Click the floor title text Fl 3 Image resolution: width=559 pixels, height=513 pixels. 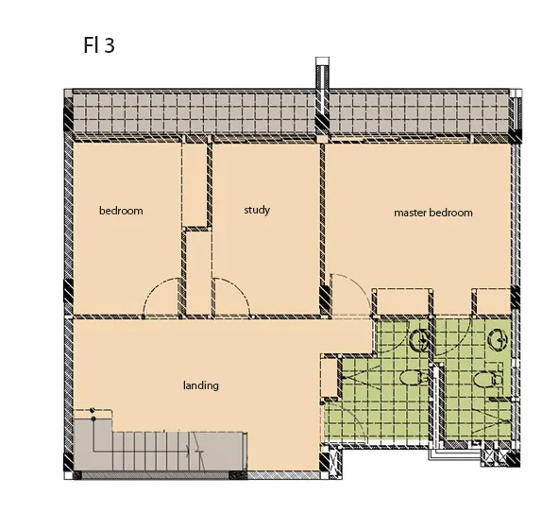click(x=99, y=45)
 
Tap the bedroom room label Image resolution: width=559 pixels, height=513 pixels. click(x=121, y=211)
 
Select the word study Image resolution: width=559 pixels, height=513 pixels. click(x=257, y=210)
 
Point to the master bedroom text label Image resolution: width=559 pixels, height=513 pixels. click(x=433, y=213)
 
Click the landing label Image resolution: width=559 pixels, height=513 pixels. click(x=201, y=385)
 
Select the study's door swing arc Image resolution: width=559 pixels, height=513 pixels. click(x=240, y=287)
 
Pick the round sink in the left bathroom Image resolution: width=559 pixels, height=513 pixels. click(x=421, y=340)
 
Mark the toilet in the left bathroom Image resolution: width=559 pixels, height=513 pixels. click(x=414, y=378)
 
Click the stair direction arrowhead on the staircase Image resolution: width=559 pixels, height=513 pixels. click(x=189, y=451)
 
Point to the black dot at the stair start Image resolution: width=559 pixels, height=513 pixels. click(x=93, y=419)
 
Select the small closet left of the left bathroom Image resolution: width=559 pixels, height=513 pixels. click(x=330, y=376)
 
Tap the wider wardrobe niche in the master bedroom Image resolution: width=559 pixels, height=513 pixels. click(x=402, y=301)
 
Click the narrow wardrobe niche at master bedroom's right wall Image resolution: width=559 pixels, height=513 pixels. click(x=494, y=301)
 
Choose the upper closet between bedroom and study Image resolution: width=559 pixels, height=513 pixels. click(x=195, y=183)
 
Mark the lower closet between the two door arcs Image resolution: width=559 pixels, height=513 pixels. click(x=199, y=273)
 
